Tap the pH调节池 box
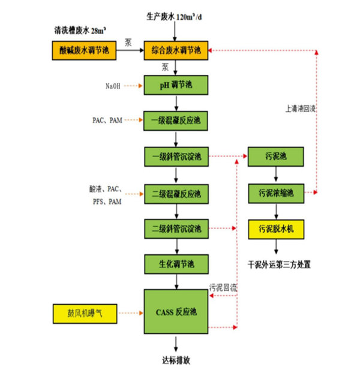[176, 85]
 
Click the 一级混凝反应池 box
[176, 121]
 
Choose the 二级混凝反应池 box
[176, 194]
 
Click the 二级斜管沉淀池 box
[176, 228]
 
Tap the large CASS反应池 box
[176, 312]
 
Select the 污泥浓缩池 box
[275, 193]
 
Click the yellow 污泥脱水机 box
[275, 228]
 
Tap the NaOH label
[113, 86]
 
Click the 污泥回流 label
[223, 288]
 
